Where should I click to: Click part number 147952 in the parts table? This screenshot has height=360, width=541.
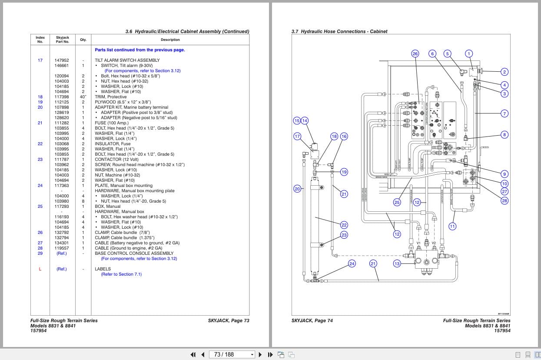[62, 60]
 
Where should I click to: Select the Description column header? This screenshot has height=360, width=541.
[170, 40]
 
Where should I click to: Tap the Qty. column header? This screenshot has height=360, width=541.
[83, 40]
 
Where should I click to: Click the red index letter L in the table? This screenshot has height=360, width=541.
[40, 269]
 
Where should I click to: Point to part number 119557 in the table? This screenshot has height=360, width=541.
[62, 248]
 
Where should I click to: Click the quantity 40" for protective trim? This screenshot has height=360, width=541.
[83, 97]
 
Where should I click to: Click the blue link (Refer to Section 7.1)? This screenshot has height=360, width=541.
[121, 274]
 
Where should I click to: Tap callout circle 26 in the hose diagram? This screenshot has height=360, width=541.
[415, 53]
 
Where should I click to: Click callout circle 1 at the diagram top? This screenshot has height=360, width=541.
[468, 53]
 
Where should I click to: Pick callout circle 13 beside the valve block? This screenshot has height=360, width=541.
[397, 263]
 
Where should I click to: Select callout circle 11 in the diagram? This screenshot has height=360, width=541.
[452, 226]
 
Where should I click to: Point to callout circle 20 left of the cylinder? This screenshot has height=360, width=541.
[297, 189]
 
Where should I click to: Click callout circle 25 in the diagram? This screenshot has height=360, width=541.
[397, 202]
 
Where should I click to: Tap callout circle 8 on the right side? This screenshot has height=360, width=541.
[504, 135]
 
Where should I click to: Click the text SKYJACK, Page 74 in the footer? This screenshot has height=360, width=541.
[312, 321]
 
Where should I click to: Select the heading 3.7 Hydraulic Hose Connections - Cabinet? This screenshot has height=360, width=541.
[339, 31]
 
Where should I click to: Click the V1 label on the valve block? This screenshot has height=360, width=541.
[419, 243]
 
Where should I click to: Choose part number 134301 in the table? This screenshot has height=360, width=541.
[62, 243]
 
